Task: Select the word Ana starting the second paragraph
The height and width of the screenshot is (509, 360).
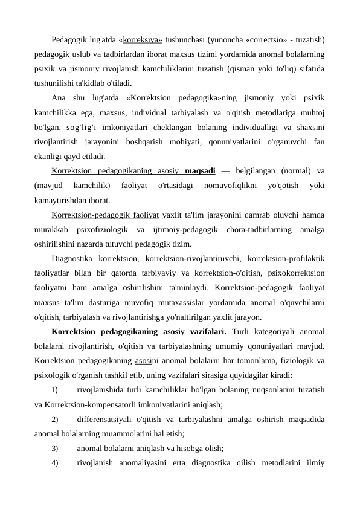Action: (59, 97)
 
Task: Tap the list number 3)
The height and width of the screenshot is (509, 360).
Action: (56, 448)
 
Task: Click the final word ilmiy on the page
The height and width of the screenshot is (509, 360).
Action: (315, 462)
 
